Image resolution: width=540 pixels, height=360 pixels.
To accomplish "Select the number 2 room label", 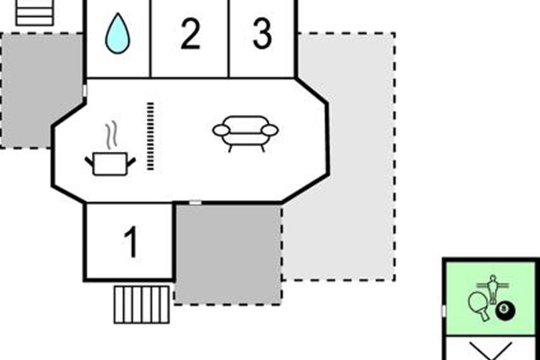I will click(x=190, y=35).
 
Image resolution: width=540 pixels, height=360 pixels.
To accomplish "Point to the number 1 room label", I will click(x=130, y=242).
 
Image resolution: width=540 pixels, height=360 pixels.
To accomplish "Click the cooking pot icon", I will click(x=110, y=163).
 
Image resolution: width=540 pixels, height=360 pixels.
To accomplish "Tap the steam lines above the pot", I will click(x=111, y=135).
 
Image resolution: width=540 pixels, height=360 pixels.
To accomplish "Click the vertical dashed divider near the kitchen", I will click(x=150, y=136).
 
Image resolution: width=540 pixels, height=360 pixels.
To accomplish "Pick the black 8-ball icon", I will click(x=505, y=310).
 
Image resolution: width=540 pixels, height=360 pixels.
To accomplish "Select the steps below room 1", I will click(x=142, y=305).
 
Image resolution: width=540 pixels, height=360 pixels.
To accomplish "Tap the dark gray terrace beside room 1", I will click(x=228, y=254).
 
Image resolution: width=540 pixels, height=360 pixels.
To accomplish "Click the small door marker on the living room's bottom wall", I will click(x=195, y=203).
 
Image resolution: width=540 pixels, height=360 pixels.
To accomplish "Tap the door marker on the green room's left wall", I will click(x=443, y=310).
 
